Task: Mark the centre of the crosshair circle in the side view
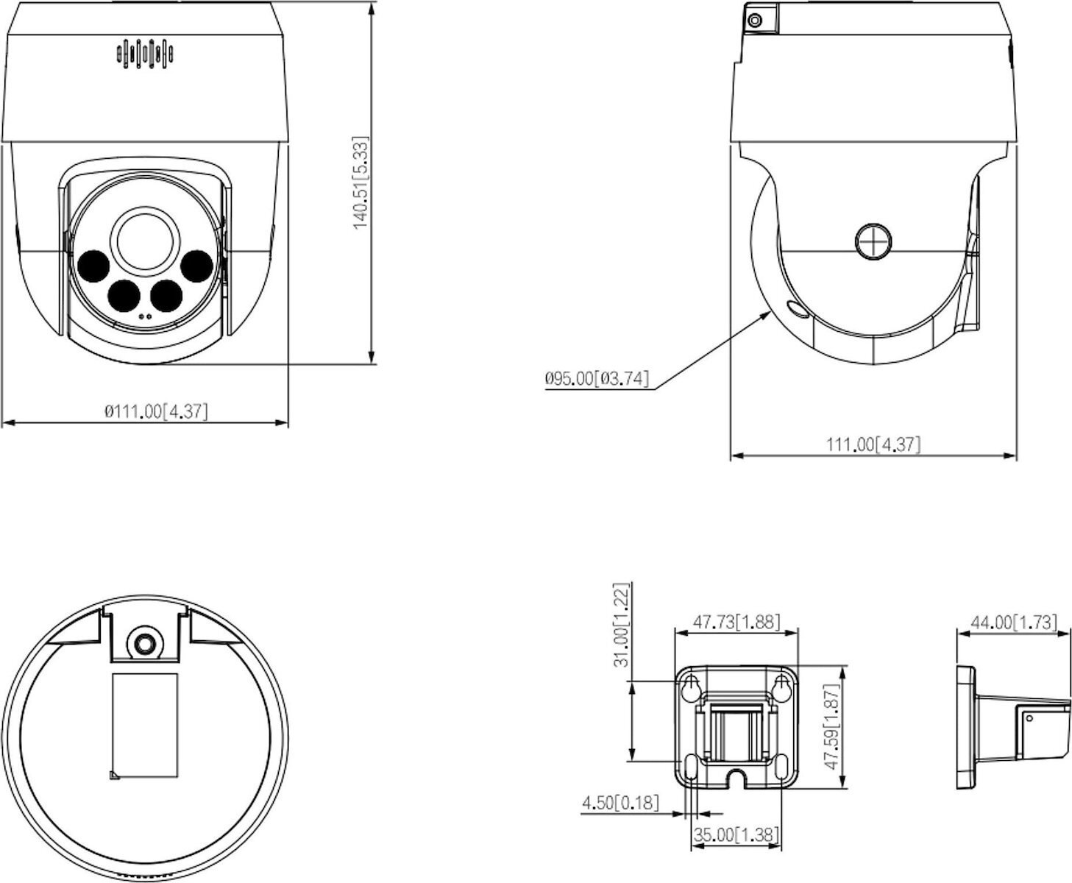(873, 241)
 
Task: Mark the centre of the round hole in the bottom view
(144, 642)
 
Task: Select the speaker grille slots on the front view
(144, 54)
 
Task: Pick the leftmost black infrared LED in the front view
(93, 266)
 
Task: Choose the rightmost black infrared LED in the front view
(196, 266)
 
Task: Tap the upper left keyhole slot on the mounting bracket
(691, 688)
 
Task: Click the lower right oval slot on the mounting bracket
(781, 768)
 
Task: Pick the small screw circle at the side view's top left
(753, 21)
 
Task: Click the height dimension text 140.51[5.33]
(360, 182)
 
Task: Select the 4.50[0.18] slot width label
(620, 802)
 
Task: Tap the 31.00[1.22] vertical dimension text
(622, 625)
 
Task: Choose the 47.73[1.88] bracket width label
(736, 622)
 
